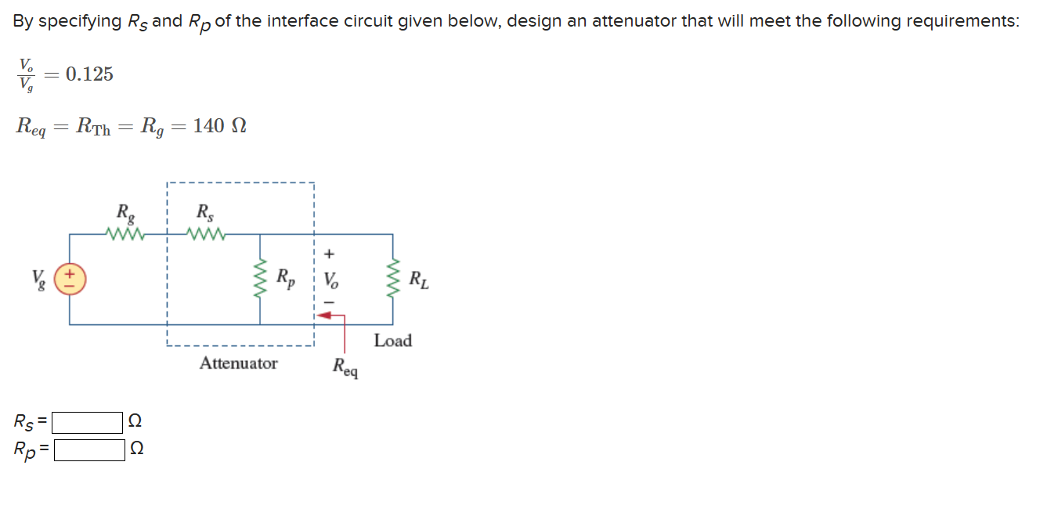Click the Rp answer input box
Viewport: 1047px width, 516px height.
point(89,450)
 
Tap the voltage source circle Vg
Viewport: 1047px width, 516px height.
point(70,279)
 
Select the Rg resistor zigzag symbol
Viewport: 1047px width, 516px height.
point(125,233)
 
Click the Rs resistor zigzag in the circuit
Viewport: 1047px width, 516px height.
point(208,233)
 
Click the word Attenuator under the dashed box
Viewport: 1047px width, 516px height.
point(238,363)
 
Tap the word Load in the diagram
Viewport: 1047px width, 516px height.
point(392,341)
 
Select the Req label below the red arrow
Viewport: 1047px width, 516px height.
point(345,366)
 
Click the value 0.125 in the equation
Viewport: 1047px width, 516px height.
point(89,74)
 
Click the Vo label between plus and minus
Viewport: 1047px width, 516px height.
point(332,279)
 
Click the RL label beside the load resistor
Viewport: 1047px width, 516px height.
point(420,279)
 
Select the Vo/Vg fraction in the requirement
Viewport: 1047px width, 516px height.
point(27,74)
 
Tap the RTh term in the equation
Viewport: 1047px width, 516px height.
point(93,126)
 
